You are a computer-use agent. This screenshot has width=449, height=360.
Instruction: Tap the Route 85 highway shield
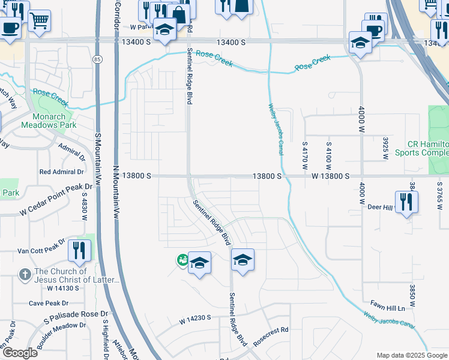[x=98, y=59]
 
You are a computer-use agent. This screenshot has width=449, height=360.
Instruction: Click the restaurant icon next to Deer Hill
[x=406, y=202]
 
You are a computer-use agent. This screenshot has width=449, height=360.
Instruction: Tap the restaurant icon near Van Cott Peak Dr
[x=79, y=250]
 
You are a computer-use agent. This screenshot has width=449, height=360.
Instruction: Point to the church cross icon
[x=25, y=274]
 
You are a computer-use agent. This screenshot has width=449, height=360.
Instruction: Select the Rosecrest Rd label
[x=271, y=330]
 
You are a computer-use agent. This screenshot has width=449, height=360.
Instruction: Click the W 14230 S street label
[x=195, y=321]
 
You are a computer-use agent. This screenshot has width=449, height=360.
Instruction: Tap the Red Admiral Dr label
[x=61, y=172]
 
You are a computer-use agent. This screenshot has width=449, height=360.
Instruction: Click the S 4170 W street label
[x=305, y=155]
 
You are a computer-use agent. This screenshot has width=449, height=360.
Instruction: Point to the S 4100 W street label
[x=328, y=155]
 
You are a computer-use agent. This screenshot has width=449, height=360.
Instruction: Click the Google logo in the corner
[x=19, y=353]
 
